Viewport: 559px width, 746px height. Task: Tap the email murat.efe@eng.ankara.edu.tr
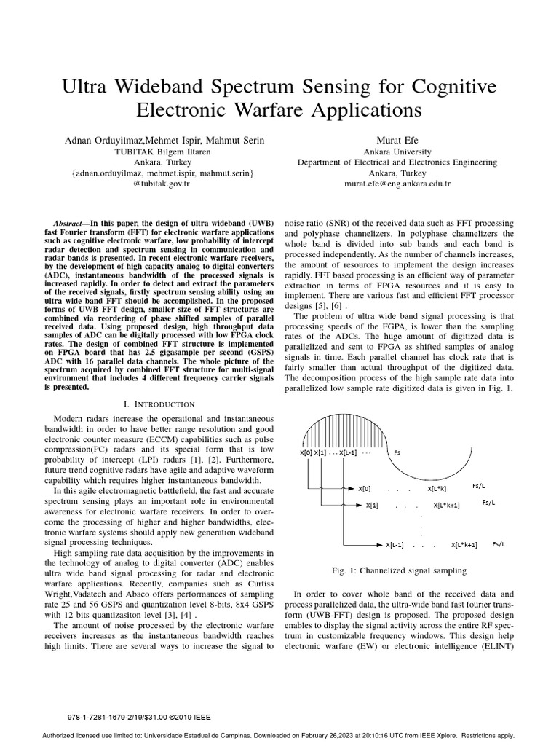click(397, 185)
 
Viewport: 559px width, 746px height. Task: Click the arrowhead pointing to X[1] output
click(359, 505)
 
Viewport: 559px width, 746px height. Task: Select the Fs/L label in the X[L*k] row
click(479, 486)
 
